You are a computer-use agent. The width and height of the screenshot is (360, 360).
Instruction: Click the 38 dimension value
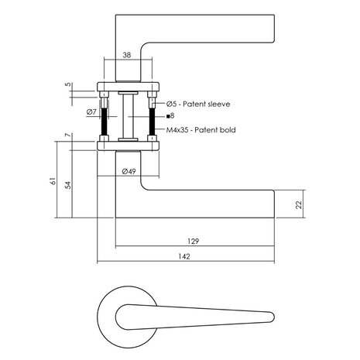127,55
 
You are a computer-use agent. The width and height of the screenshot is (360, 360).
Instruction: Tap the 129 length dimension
194,242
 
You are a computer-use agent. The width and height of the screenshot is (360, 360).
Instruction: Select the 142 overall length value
184,256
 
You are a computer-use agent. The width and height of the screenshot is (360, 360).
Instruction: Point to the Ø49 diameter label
129,171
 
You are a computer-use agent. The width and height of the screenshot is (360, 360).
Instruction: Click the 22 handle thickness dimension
299,205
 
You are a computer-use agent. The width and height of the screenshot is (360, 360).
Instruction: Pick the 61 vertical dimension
53,181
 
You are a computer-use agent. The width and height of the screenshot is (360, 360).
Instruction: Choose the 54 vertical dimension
67,185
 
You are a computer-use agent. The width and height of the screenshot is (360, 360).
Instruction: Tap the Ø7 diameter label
91,112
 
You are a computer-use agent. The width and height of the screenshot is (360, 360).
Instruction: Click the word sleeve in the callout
218,104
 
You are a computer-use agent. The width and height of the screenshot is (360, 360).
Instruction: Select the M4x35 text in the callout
178,130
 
